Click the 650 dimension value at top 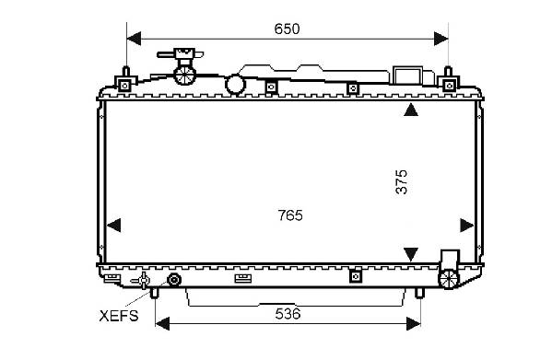(x=287, y=29)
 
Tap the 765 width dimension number (x=290, y=215)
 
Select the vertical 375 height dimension (x=401, y=181)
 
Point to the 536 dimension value (x=288, y=314)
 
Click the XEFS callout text (x=119, y=316)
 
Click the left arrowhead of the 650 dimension (x=134, y=39)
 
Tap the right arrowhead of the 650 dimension (x=441, y=39)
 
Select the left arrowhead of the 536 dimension (x=162, y=323)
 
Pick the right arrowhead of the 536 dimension (x=414, y=323)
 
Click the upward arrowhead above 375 (x=411, y=110)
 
